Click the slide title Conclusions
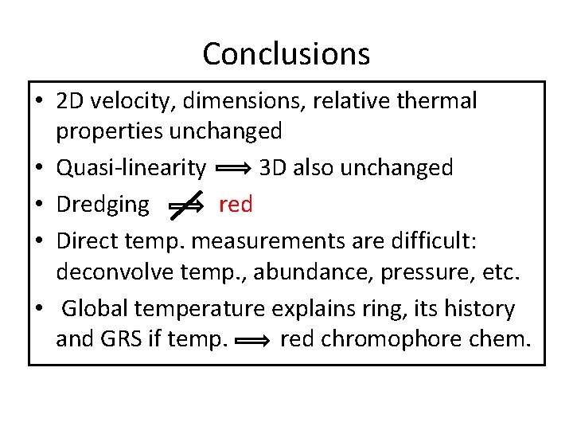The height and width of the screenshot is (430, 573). pos(286,54)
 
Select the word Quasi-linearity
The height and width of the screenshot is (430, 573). pos(131,168)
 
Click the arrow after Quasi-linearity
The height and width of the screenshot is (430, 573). pos(234,169)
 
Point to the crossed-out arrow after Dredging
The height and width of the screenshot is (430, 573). pos(185,205)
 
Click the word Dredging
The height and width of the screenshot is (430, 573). pos(103,205)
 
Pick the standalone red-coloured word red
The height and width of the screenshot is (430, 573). pos(235,205)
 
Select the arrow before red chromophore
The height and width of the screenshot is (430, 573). pos(255,342)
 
